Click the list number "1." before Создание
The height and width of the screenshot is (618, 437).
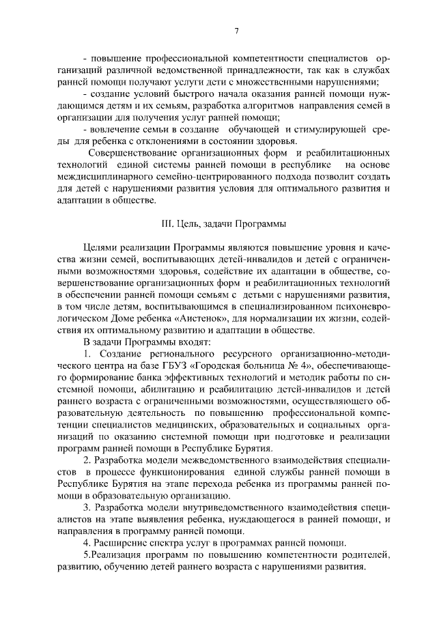tap(87, 354)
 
